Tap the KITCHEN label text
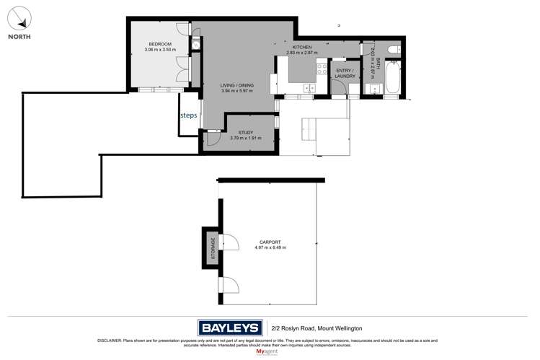point(301,47)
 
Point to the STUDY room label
point(246,132)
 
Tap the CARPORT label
point(270,242)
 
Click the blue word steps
point(188,114)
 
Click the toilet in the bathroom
point(392,48)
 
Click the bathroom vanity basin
point(372,89)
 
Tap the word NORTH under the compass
point(18,36)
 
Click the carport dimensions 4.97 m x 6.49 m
point(270,247)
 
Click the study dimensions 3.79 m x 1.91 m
point(246,138)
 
